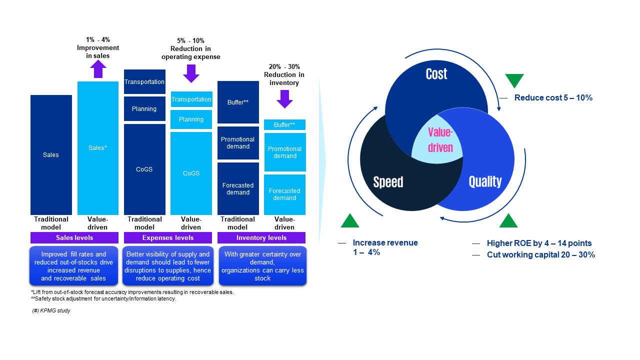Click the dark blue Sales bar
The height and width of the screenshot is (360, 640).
(x=51, y=154)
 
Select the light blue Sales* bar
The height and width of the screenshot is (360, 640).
(x=98, y=148)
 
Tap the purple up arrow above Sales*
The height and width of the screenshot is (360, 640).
(x=98, y=69)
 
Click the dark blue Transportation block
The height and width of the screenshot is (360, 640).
(x=144, y=82)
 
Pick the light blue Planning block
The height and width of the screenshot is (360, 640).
(x=191, y=119)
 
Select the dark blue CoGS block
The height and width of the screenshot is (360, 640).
(x=144, y=169)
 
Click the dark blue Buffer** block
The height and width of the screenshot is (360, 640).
(x=238, y=102)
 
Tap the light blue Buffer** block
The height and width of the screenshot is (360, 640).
(x=284, y=125)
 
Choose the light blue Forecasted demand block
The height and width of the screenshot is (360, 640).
(x=284, y=194)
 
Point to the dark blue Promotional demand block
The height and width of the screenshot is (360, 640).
(x=238, y=143)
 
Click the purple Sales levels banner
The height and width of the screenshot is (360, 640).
(x=74, y=238)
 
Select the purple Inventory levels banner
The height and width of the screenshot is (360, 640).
(x=261, y=238)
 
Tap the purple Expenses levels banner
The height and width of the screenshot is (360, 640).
(x=168, y=238)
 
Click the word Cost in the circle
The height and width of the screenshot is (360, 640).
(x=436, y=74)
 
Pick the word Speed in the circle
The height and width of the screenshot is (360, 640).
(x=388, y=182)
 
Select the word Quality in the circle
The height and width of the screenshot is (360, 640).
(x=485, y=181)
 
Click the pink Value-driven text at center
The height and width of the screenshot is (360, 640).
(x=440, y=140)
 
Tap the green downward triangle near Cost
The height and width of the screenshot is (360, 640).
(x=514, y=80)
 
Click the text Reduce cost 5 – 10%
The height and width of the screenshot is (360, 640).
(x=553, y=98)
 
